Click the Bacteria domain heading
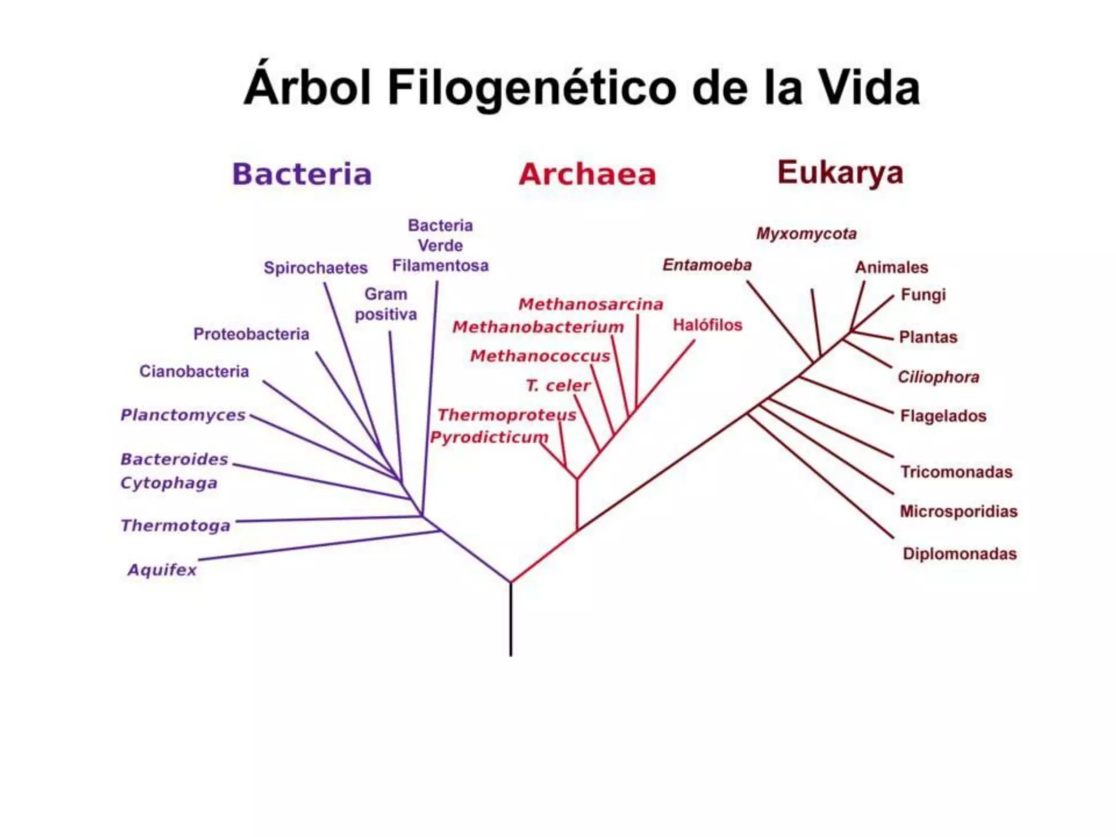302,174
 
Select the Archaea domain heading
587,174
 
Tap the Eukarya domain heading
840,173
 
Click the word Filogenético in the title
532,88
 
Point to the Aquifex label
162,570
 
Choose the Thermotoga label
175,526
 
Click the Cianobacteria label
194,372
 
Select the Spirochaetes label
316,268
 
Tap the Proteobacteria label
251,334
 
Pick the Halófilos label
707,325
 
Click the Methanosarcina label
591,304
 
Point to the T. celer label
558,386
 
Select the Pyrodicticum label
489,438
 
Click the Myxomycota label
806,234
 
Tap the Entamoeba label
707,265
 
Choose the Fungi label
923,295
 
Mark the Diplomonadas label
960,554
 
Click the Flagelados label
943,416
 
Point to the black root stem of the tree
511,621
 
